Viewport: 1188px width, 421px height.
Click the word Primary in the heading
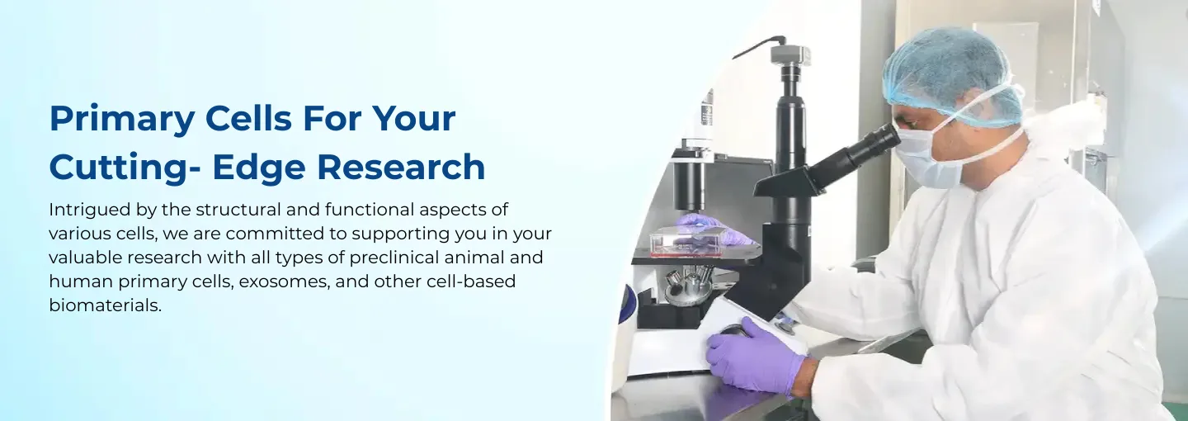click(122, 120)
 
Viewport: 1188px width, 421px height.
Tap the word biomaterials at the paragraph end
click(105, 305)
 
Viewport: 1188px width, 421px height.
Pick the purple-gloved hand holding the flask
click(714, 229)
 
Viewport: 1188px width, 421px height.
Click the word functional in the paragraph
click(370, 210)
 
